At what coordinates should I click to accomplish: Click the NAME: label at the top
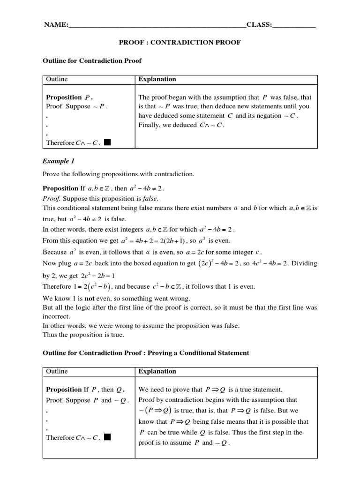(x=56, y=25)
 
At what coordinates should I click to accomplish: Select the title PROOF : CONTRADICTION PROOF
(x=180, y=43)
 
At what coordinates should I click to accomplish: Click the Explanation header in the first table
(x=157, y=79)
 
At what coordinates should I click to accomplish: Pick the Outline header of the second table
(x=57, y=371)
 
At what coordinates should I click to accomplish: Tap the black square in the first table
(x=107, y=142)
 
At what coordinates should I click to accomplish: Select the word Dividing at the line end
(x=305, y=263)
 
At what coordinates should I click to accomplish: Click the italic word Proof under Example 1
(x=52, y=198)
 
